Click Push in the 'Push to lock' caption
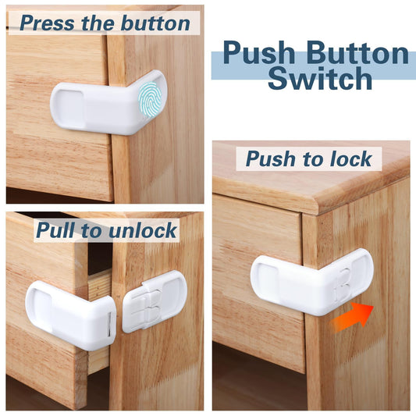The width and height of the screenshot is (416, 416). (270, 159)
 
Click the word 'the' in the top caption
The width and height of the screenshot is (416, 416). (99, 23)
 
